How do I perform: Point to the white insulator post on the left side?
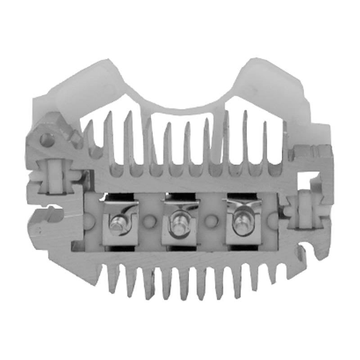coord(54,174)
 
